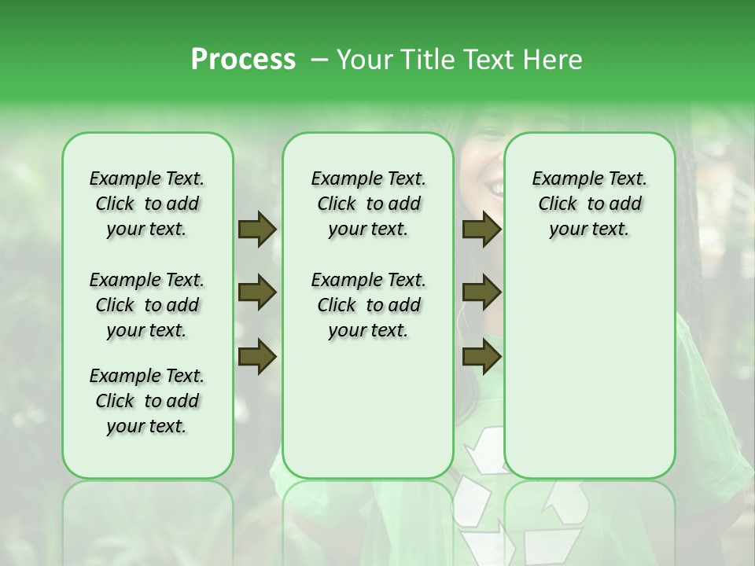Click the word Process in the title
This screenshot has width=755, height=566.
pyautogui.click(x=243, y=60)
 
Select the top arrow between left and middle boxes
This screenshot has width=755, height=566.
pyautogui.click(x=257, y=230)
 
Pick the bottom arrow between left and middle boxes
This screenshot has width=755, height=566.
pyautogui.click(x=257, y=357)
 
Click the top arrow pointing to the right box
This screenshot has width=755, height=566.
pyautogui.click(x=481, y=230)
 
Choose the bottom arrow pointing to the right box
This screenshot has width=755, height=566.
pyautogui.click(x=481, y=357)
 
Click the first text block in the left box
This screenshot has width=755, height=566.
pyautogui.click(x=147, y=204)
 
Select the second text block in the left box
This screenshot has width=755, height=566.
pyautogui.click(x=147, y=305)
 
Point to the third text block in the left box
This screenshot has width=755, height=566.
pyautogui.click(x=147, y=401)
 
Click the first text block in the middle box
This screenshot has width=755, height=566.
pyautogui.click(x=368, y=204)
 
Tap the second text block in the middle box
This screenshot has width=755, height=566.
pyautogui.click(x=368, y=305)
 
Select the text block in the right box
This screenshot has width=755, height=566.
pyautogui.click(x=589, y=204)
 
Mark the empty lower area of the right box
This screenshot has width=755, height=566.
pyautogui.click(x=589, y=369)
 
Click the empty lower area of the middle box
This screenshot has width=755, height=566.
pyautogui.click(x=368, y=409)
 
